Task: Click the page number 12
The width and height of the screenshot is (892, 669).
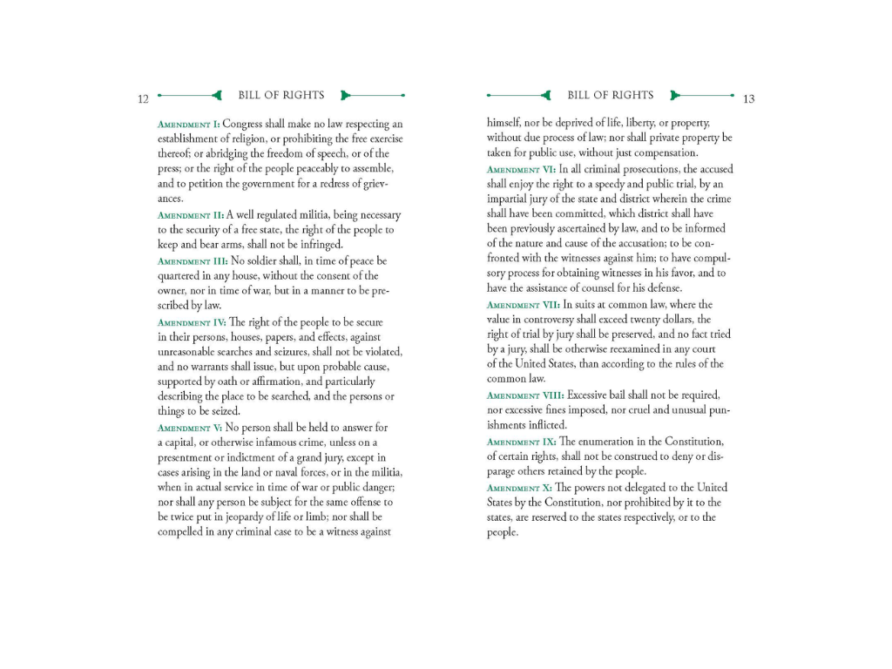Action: (143, 99)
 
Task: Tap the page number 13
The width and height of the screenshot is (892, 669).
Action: (748, 99)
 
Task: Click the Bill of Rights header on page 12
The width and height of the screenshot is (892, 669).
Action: (280, 95)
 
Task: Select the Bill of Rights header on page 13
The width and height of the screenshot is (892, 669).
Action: (610, 95)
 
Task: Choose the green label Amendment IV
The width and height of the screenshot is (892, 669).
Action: (192, 322)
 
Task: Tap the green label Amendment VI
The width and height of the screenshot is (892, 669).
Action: (521, 169)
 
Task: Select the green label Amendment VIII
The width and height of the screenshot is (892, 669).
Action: (525, 395)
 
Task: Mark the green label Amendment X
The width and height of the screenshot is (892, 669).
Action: (519, 488)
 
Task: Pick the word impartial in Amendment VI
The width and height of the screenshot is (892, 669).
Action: (509, 199)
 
